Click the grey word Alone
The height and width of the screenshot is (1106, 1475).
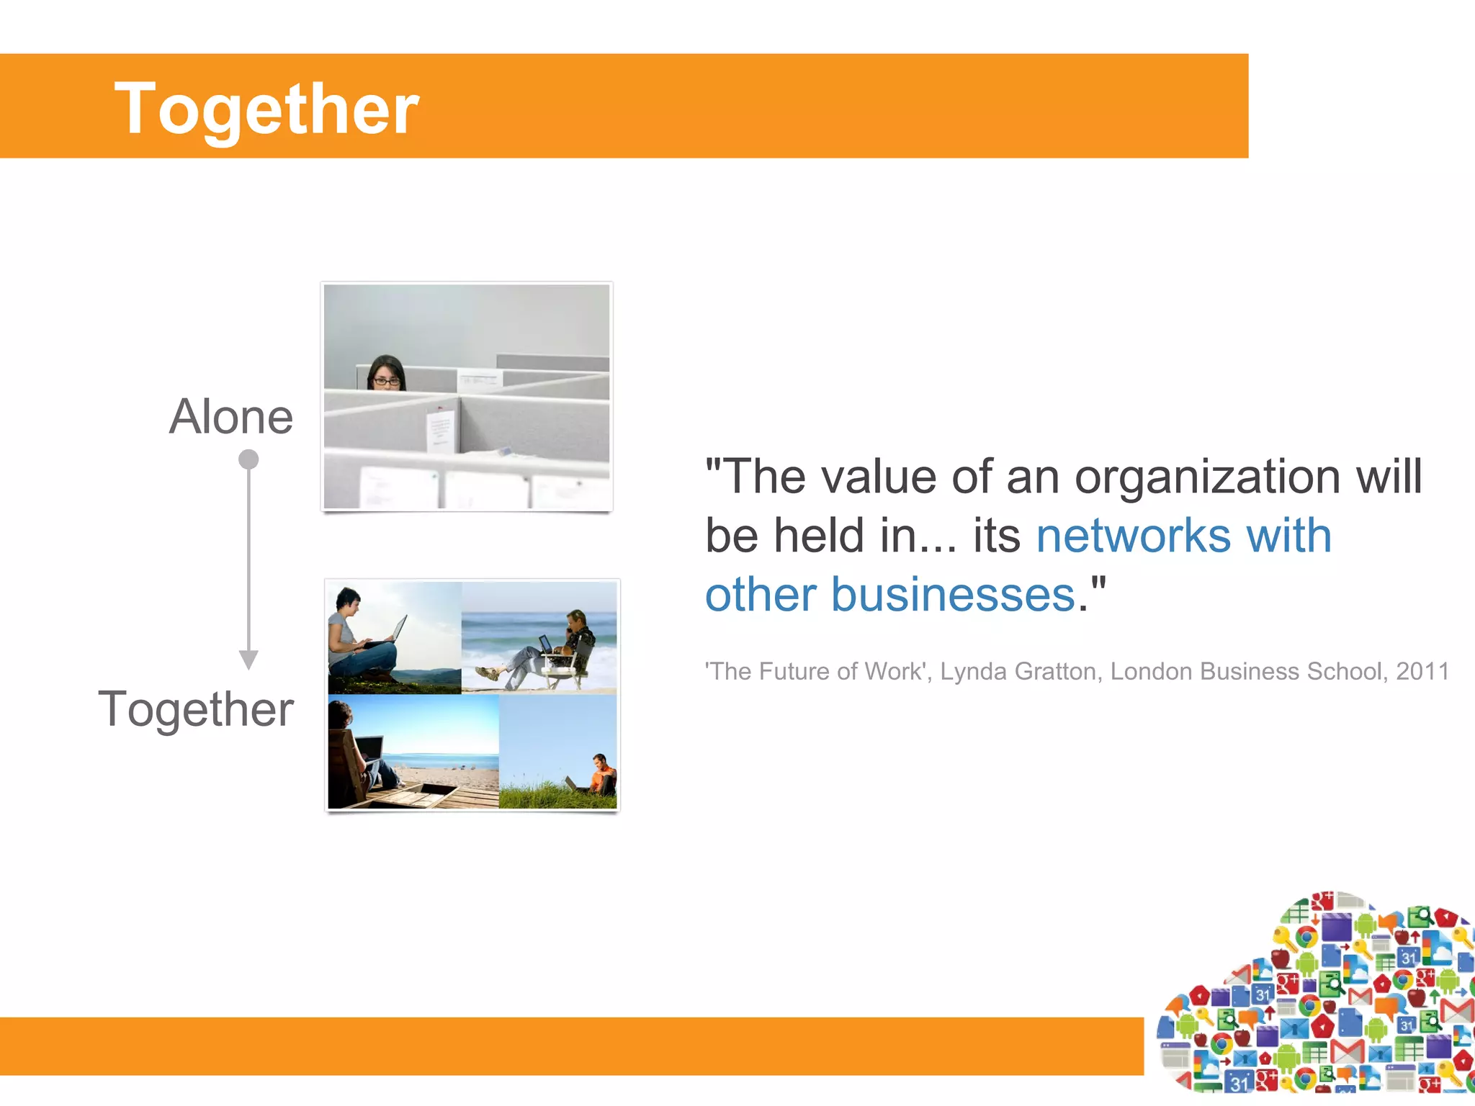(x=231, y=417)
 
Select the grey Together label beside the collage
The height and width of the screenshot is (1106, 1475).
(x=196, y=709)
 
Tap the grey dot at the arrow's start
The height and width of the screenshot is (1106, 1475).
(x=248, y=459)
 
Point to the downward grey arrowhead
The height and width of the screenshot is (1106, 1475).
(x=248, y=659)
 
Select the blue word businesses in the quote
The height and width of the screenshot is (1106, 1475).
(x=953, y=595)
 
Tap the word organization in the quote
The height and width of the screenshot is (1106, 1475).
(x=1207, y=477)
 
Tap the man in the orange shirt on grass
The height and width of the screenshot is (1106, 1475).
(x=602, y=774)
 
